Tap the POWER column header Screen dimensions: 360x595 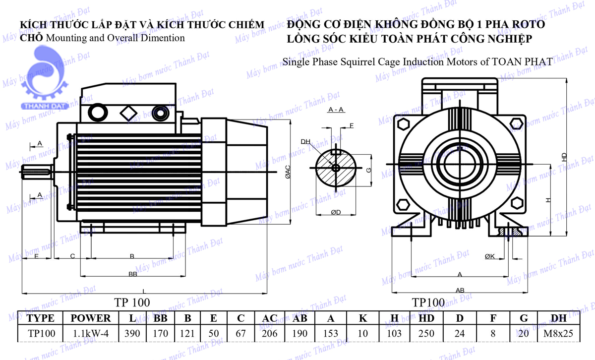[x=91, y=318]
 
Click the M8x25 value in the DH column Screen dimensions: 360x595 [x=558, y=334]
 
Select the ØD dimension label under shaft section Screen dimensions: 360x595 [x=336, y=212]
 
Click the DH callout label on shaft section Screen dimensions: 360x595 [x=305, y=142]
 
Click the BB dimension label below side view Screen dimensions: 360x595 [x=133, y=274]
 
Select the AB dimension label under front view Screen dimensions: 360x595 [x=460, y=290]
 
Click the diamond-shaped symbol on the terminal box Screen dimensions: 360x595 [x=128, y=113]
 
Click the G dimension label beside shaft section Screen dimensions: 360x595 [x=368, y=170]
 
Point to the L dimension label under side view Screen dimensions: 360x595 [x=144, y=291]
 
